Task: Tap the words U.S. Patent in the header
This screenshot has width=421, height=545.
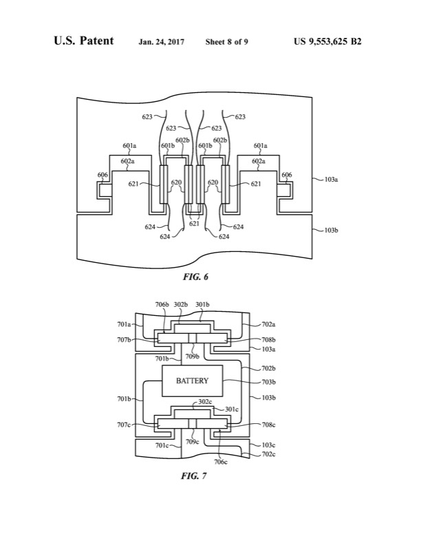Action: tap(83, 41)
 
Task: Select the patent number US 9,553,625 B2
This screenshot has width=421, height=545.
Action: tap(327, 42)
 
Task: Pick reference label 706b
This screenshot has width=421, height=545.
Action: tap(162, 305)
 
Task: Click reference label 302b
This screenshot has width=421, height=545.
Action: tap(181, 305)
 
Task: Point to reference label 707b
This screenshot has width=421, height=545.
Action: tap(126, 340)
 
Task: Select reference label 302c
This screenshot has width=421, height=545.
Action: tap(205, 401)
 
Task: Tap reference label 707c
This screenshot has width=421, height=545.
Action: tap(126, 425)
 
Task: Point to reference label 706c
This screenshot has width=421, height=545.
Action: tap(221, 461)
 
